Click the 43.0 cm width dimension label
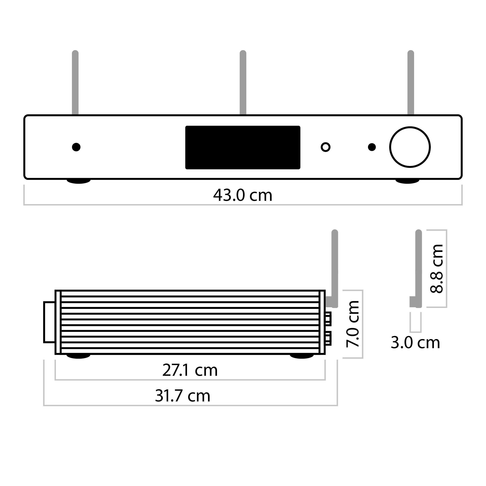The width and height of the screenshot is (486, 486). pyautogui.click(x=243, y=195)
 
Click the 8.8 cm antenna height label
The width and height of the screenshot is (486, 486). pyautogui.click(x=436, y=268)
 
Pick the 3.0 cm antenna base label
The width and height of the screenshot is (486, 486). pyautogui.click(x=415, y=343)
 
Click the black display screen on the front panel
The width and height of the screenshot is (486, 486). pyautogui.click(x=243, y=147)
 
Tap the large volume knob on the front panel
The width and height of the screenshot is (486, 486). pyautogui.click(x=410, y=147)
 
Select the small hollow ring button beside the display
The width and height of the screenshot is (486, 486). pyautogui.click(x=325, y=147)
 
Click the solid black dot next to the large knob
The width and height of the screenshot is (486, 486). pyautogui.click(x=372, y=147)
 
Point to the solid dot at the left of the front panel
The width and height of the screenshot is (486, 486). pyautogui.click(x=76, y=147)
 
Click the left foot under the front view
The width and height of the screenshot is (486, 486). pyautogui.click(x=79, y=181)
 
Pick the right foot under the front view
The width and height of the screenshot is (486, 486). pyautogui.click(x=407, y=181)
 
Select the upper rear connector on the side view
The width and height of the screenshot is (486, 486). pyautogui.click(x=328, y=319)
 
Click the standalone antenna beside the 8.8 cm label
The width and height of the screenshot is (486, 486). pyautogui.click(x=418, y=267)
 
